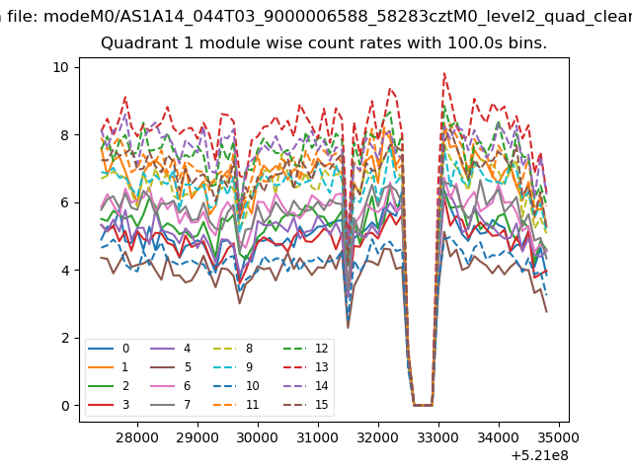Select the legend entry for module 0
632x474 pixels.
(x=109, y=349)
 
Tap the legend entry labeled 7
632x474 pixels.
(x=170, y=404)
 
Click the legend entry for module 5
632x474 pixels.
(x=170, y=367)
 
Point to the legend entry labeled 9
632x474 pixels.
(x=233, y=367)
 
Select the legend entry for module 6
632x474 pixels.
(x=170, y=386)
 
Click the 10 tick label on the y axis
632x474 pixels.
(x=61, y=67)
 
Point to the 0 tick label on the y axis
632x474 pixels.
(x=65, y=406)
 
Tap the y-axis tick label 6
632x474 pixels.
(x=65, y=202)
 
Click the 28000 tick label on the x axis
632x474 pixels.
(x=137, y=437)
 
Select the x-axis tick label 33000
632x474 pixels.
(x=438, y=437)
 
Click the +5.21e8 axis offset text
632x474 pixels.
(x=540, y=456)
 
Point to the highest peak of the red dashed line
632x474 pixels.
(x=444, y=73)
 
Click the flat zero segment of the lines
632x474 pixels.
(x=423, y=405)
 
